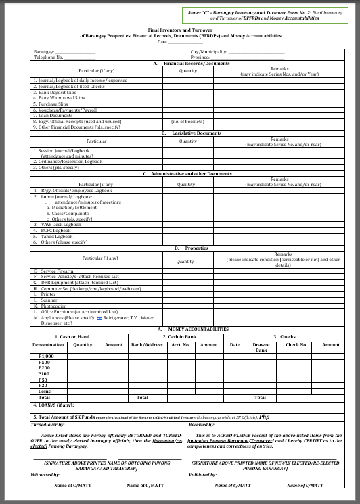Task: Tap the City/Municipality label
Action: (208, 52)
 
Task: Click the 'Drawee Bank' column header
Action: (261, 348)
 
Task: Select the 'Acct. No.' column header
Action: (181, 345)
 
